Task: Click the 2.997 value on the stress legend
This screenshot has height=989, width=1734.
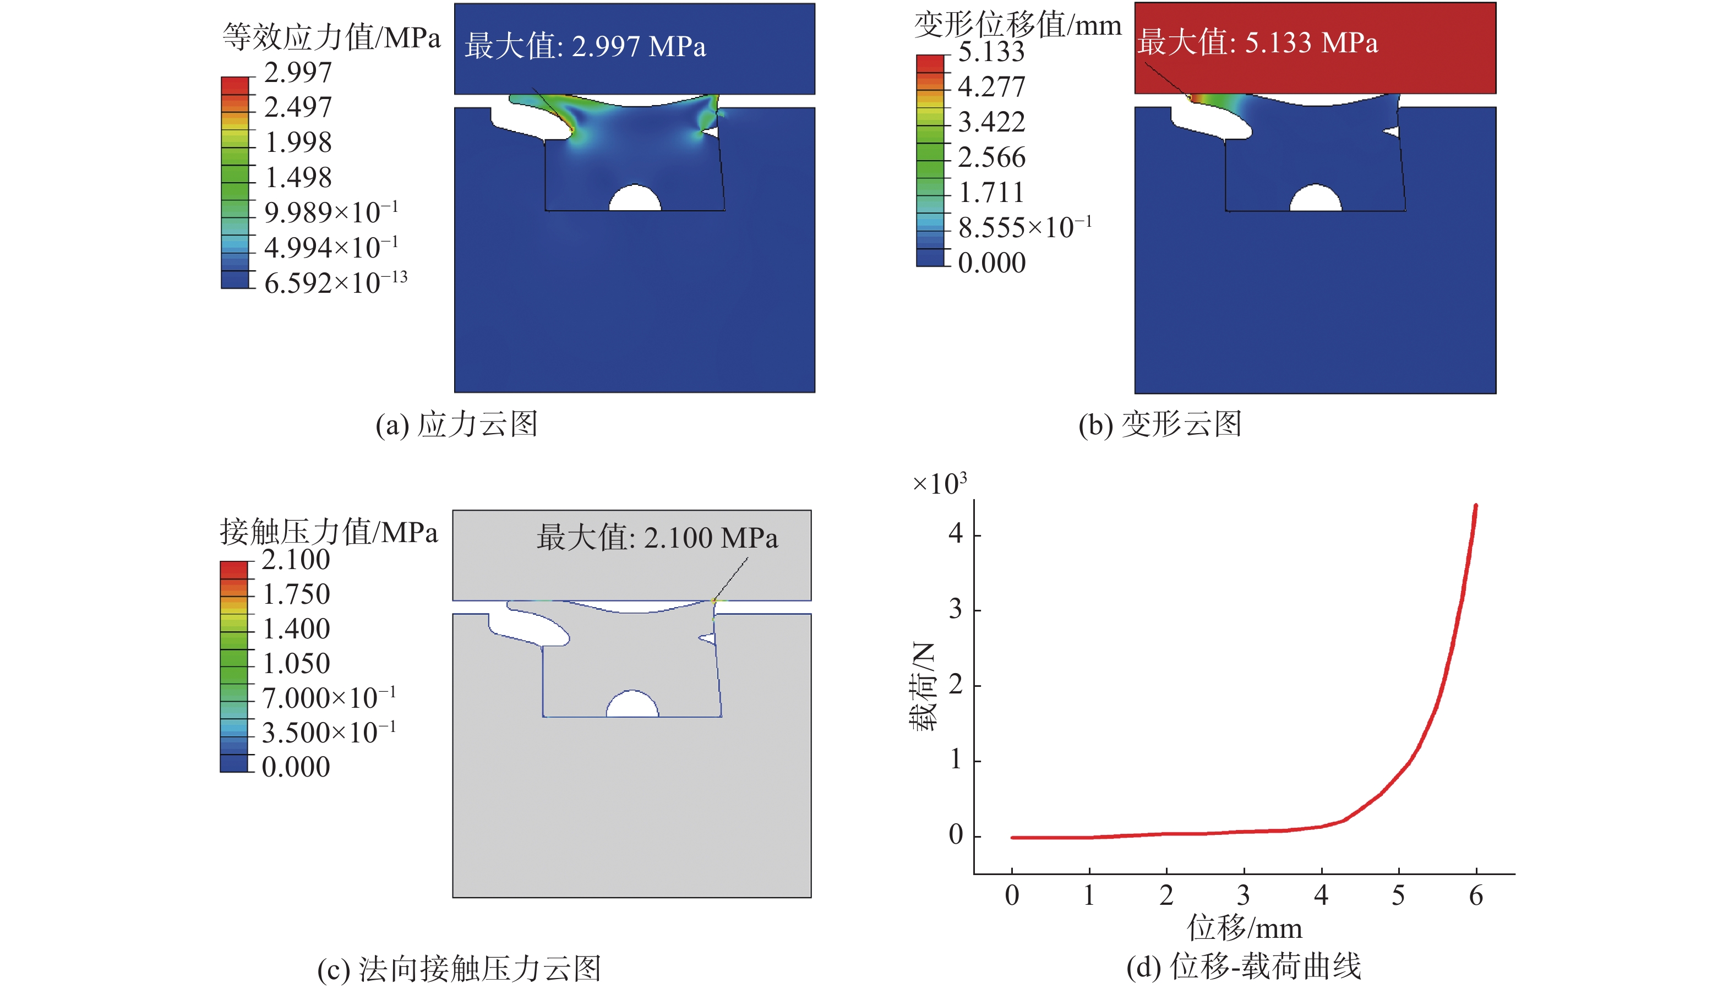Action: coord(297,73)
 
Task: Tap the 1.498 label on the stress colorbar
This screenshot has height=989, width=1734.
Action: coord(297,178)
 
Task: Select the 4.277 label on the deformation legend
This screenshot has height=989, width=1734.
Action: coord(991,87)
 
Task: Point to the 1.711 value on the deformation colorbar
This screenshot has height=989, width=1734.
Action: coord(991,193)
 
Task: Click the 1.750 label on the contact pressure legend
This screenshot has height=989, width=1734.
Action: coord(296,594)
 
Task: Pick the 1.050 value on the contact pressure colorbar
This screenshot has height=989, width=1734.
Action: coord(296,664)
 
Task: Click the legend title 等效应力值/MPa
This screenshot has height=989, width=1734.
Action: coord(331,37)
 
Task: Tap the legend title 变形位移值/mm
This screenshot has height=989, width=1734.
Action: coord(1017,25)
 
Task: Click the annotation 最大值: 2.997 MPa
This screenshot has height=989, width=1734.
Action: coord(585,46)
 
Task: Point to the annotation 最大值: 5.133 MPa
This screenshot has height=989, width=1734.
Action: coord(1257,42)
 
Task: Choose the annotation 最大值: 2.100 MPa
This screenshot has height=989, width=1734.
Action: coord(657,538)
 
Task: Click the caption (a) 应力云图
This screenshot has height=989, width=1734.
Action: coord(456,424)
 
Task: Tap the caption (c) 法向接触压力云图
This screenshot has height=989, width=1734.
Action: coord(459,969)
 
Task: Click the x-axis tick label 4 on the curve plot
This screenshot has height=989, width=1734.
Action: coord(1321,896)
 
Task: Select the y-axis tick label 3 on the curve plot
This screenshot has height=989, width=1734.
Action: coord(956,609)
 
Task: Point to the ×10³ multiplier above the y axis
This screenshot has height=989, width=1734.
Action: coord(939,484)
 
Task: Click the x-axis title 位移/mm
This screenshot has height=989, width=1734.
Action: coord(1244,928)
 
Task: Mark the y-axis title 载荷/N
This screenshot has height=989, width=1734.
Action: coord(923,686)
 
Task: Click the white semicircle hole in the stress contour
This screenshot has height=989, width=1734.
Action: coord(635,199)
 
